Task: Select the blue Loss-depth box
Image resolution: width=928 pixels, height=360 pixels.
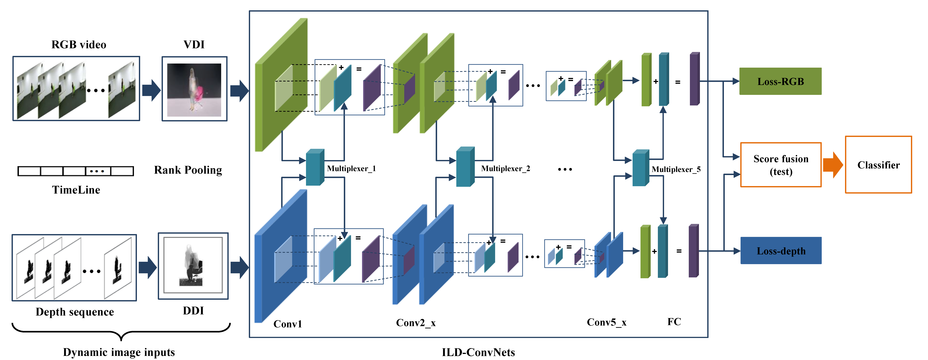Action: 781,251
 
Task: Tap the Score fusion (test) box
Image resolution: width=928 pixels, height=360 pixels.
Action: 781,165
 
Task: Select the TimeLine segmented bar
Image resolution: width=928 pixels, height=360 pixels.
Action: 76,171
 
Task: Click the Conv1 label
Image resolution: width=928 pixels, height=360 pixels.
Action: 288,324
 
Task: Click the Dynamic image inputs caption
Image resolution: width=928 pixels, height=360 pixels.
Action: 119,352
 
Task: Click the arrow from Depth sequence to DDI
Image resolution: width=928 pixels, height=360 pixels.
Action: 147,267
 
